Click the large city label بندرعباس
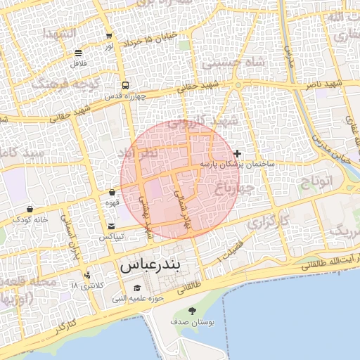pos(150,266)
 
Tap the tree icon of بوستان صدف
pos(191,311)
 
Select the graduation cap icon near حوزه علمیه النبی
pos(137,288)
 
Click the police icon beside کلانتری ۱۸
pos(87,275)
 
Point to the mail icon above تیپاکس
pos(112,226)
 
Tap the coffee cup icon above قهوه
pos(112,192)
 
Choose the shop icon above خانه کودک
pos(30,209)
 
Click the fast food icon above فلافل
pos(77,53)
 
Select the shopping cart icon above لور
pos(109,36)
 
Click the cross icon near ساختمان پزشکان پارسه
pos(238,153)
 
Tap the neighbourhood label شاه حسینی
pos(233,63)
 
